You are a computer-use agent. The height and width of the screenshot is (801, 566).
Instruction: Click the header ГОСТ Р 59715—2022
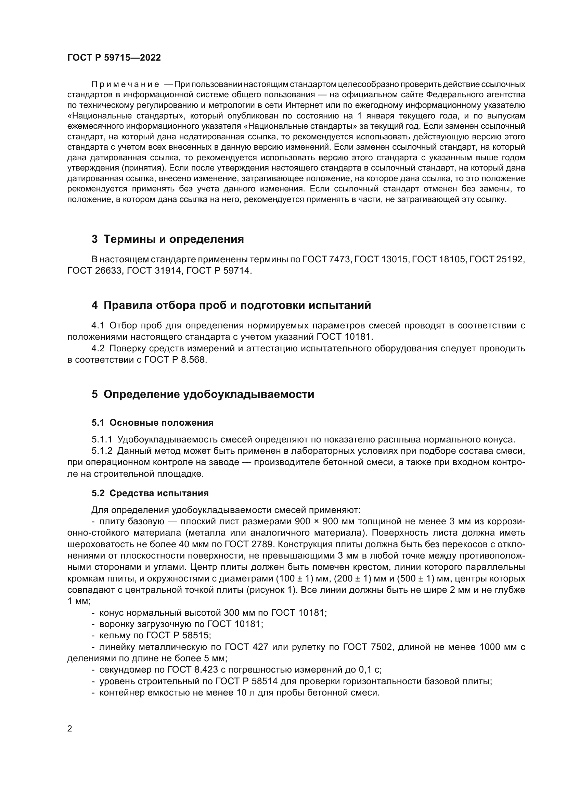[x=114, y=58]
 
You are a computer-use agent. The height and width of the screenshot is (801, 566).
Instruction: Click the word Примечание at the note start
[x=125, y=85]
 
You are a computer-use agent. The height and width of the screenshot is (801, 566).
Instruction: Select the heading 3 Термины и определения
[x=168, y=239]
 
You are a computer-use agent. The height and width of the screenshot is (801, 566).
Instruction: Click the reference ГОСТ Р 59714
[x=219, y=271]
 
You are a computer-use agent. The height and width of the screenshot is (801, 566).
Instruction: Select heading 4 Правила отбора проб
[x=231, y=305]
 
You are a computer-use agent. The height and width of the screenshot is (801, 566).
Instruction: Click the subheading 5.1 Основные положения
[x=152, y=423]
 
